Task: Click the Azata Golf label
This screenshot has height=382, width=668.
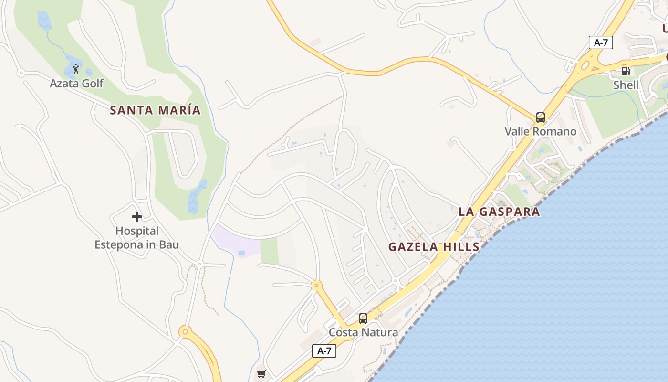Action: tap(76, 84)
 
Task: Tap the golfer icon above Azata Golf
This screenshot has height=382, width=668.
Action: tap(76, 70)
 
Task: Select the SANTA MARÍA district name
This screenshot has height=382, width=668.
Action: tap(155, 110)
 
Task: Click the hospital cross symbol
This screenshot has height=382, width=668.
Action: tap(137, 217)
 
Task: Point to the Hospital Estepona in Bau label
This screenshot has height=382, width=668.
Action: tap(137, 238)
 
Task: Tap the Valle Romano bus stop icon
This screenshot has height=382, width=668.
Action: tap(540, 117)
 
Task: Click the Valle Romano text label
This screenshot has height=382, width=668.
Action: tap(541, 131)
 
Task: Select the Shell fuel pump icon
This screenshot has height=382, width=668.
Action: tap(626, 71)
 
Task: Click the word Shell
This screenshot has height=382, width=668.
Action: tap(626, 85)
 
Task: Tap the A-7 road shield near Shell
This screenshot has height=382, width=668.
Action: tap(601, 42)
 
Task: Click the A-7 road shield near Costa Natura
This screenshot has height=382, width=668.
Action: tap(324, 351)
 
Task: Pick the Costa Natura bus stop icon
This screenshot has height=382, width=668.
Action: tap(363, 318)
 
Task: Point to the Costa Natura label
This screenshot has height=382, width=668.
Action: tap(363, 332)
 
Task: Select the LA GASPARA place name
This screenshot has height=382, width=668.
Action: tap(499, 212)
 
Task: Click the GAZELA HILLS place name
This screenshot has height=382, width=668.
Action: tap(434, 247)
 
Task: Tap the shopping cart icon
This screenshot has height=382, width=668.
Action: tap(261, 374)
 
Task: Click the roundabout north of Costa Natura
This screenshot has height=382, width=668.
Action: tap(316, 286)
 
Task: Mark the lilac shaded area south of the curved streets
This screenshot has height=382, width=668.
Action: tap(236, 241)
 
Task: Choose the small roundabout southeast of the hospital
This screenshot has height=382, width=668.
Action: tap(199, 264)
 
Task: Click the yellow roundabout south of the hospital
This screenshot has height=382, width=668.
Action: tap(185, 330)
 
